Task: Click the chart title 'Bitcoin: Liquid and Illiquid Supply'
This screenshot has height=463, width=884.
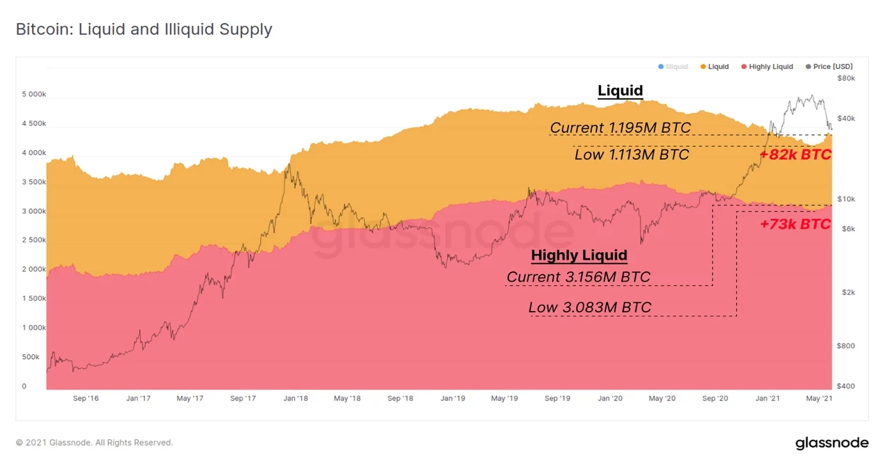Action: pos(144,29)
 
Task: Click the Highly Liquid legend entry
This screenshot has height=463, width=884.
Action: pos(767,66)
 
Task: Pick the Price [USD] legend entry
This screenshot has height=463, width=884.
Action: pos(829,66)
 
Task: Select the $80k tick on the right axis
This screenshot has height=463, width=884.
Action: pos(846,78)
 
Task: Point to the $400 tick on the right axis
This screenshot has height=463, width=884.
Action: pos(846,386)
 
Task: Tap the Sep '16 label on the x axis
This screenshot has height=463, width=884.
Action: pos(86,398)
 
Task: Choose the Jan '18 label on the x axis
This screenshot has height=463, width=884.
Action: pos(295,398)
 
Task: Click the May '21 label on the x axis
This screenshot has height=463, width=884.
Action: pos(819,398)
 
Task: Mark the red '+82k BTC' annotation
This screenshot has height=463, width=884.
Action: pos(795,155)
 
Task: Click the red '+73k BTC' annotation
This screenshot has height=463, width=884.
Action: pos(795,224)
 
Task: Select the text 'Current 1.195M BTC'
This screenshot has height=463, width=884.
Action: pos(620,128)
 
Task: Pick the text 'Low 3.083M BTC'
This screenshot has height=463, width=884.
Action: pos(589,308)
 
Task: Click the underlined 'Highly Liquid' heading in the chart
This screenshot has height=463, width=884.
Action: pos(579,256)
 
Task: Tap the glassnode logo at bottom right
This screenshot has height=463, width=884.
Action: pos(832,443)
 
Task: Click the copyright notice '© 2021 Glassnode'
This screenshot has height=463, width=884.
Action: pos(94,443)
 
